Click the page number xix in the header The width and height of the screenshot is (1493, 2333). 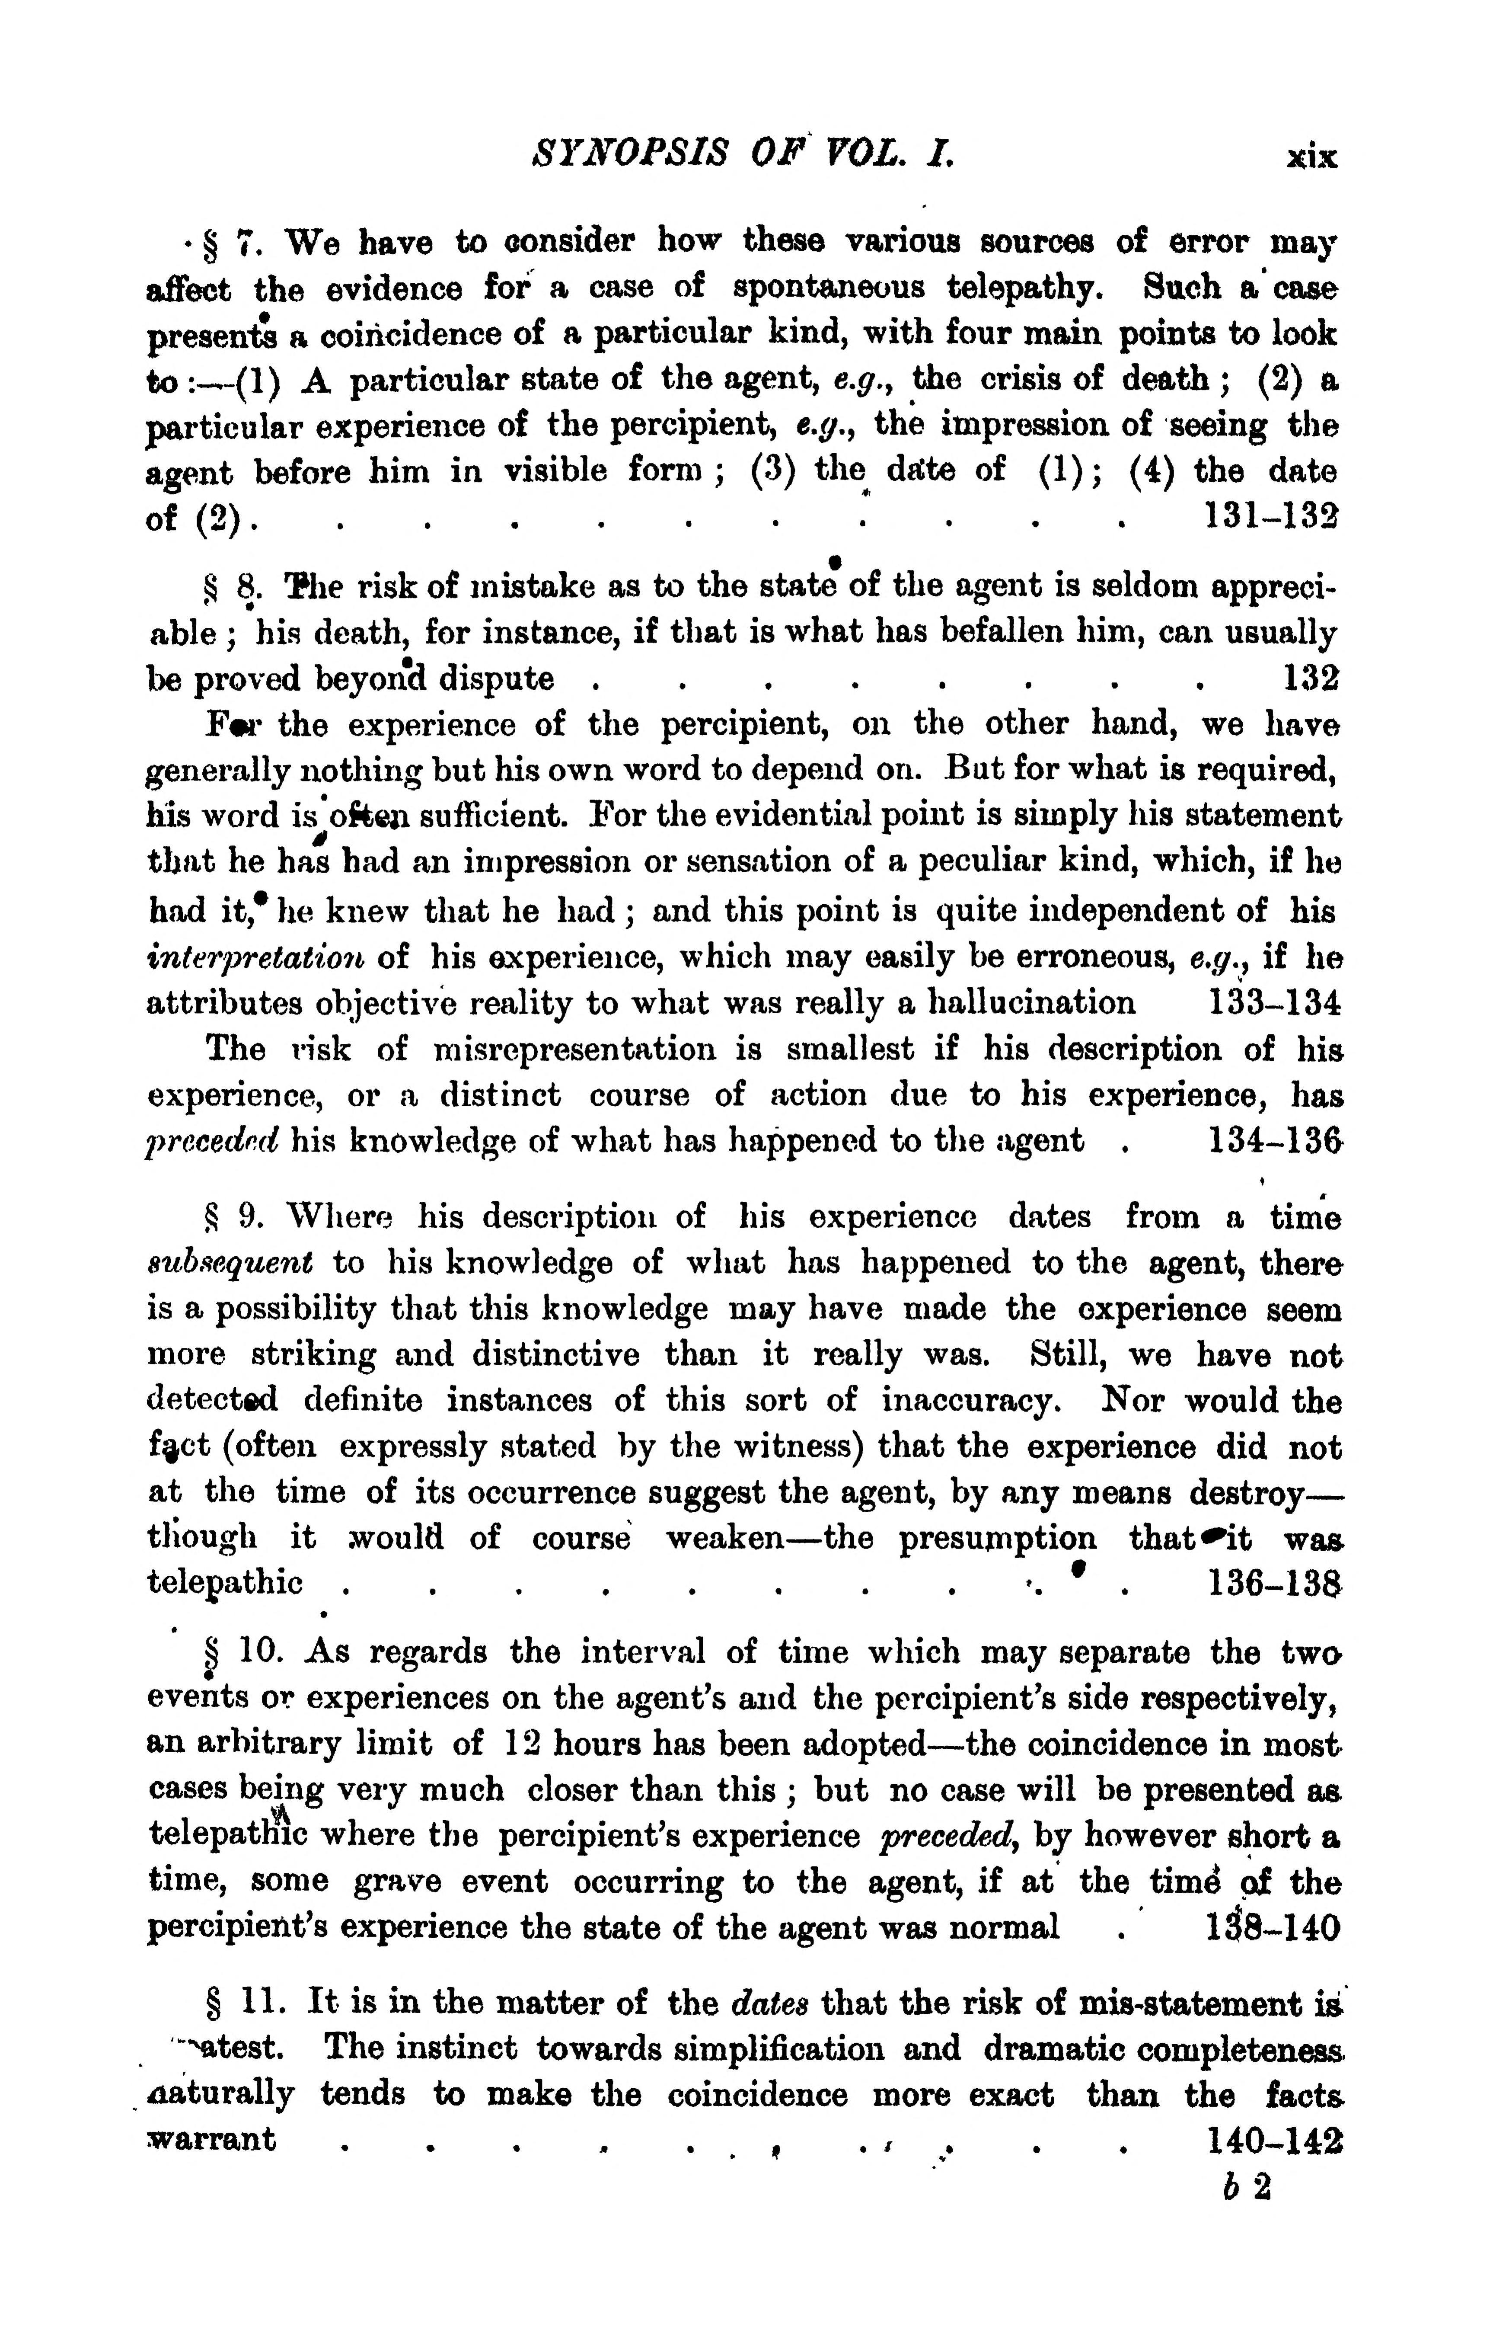tap(1311, 157)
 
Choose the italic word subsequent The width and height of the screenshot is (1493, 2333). tap(230, 1264)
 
